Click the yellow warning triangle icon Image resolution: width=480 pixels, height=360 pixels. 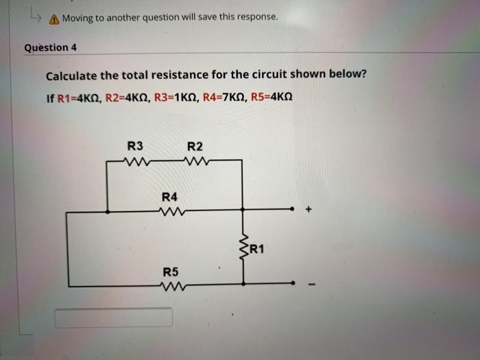point(53,19)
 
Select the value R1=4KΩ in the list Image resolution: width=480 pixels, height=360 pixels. point(73,98)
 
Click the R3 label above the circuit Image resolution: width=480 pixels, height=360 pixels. point(136,146)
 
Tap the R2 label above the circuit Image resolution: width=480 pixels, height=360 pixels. point(195,146)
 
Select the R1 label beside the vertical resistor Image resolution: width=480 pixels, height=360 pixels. point(259,248)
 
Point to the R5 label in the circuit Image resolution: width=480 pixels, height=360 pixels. point(171,272)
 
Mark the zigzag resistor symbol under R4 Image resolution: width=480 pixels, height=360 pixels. point(169,211)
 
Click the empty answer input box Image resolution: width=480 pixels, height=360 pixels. point(114,317)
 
